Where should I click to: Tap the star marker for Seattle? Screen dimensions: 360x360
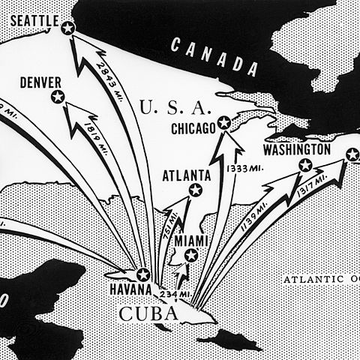point(68,28)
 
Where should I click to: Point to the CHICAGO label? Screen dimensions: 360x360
point(193,129)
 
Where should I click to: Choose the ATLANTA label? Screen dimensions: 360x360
point(187,175)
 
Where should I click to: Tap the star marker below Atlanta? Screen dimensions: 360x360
point(196,190)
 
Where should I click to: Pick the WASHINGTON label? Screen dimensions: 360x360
point(296,150)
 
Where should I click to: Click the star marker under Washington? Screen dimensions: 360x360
point(305,166)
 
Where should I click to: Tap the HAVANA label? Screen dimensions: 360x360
point(130,289)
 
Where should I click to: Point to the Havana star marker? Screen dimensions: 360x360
point(142,274)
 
